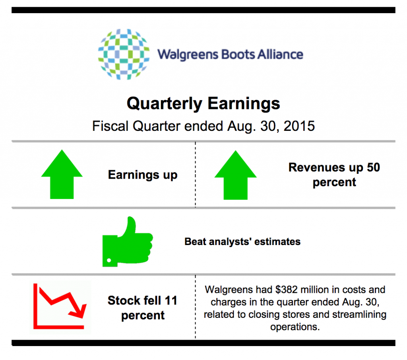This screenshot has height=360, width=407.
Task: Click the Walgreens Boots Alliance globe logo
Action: click(x=124, y=54)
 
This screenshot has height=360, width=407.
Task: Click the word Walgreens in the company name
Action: click(x=188, y=55)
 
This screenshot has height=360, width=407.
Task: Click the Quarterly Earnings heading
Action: click(x=203, y=104)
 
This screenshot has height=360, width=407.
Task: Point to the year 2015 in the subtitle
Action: click(x=299, y=126)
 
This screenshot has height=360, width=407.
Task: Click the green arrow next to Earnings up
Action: click(x=62, y=174)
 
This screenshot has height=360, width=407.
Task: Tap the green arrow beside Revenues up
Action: click(x=235, y=175)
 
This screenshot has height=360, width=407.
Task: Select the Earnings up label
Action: click(x=143, y=175)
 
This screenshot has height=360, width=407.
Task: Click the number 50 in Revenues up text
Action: click(x=373, y=167)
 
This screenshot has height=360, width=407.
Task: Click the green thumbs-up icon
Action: click(x=128, y=242)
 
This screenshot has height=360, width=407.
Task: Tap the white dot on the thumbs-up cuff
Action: click(x=109, y=260)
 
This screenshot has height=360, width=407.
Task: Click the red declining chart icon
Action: click(x=60, y=306)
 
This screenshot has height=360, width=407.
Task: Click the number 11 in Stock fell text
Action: click(x=171, y=300)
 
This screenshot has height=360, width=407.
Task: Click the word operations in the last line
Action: click(x=295, y=327)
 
